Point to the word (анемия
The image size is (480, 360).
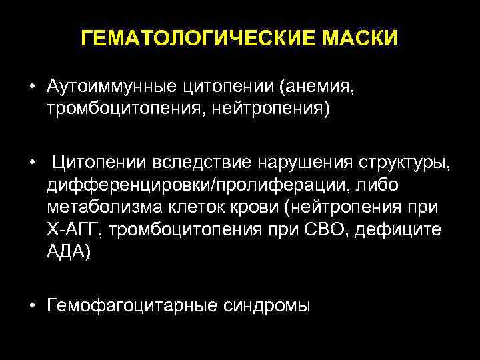click(x=315, y=87)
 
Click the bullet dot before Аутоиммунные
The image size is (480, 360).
click(x=31, y=87)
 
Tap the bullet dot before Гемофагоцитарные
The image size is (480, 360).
click(x=31, y=306)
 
